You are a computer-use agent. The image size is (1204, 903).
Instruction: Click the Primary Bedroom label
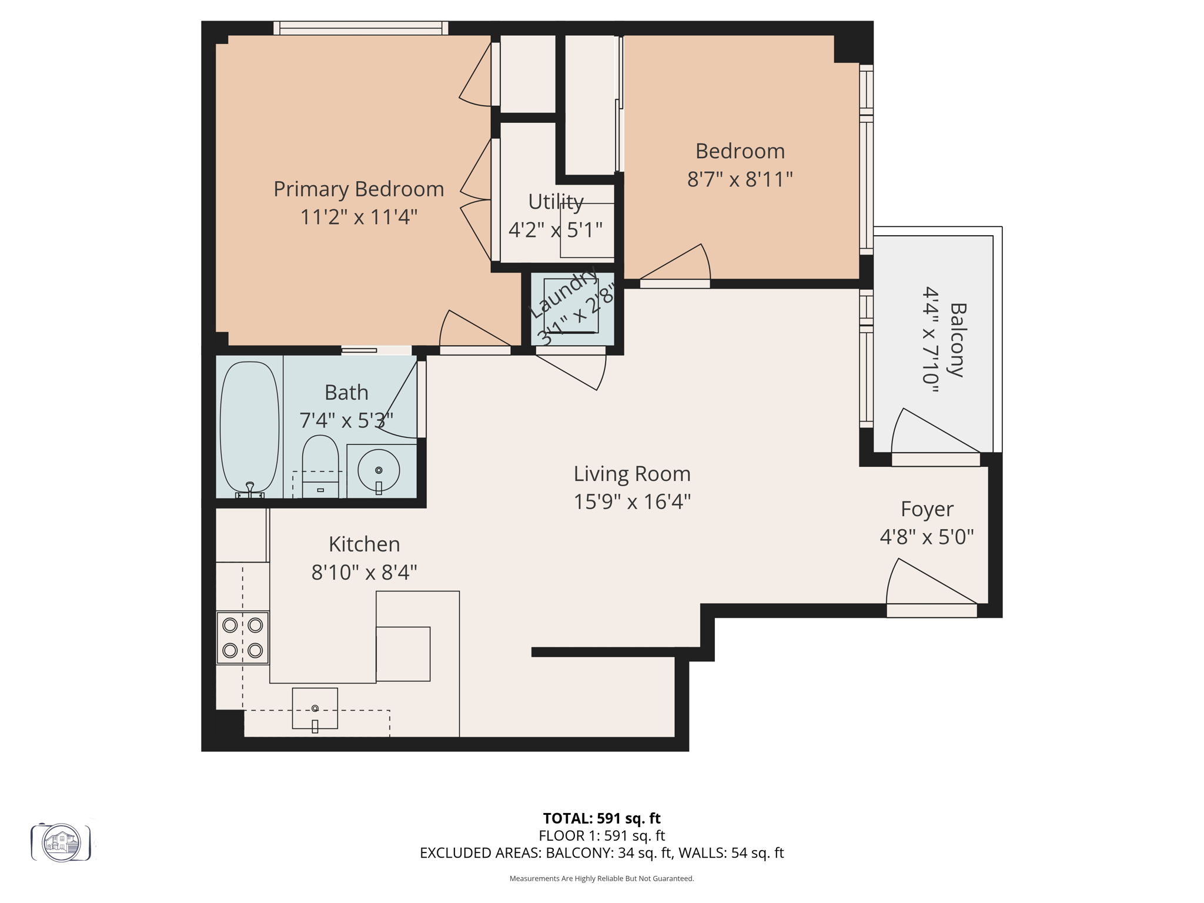359,189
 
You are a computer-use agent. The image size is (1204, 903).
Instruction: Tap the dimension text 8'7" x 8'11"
740,179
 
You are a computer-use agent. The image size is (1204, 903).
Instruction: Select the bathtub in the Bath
249,427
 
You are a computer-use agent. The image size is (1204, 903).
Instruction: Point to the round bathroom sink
379,470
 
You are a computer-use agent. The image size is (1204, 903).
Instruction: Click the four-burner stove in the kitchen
242,638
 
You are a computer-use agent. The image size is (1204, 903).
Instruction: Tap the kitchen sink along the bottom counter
315,708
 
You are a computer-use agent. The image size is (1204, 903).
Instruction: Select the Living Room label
632,474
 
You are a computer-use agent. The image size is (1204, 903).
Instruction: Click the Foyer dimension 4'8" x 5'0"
927,537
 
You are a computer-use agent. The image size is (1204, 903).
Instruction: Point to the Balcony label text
958,340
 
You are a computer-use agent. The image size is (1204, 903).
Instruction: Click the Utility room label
555,202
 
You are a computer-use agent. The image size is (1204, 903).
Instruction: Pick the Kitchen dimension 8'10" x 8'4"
364,572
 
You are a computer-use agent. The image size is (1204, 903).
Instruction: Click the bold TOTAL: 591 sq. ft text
601,818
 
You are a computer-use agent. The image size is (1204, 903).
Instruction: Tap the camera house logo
61,843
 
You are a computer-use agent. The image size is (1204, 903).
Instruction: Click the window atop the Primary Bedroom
360,28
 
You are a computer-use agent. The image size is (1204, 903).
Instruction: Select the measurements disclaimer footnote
601,878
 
